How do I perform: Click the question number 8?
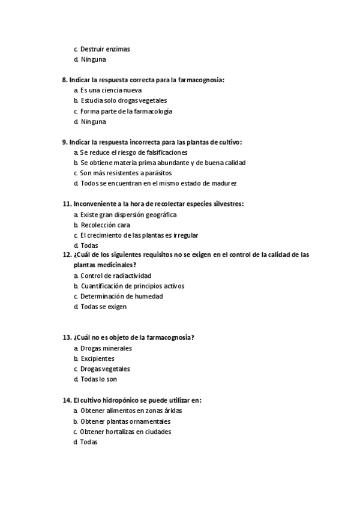pos(65,80)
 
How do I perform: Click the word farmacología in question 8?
pos(152,112)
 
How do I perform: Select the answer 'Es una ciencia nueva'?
pos(110,90)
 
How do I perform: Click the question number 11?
pos(66,204)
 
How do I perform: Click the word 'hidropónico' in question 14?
pos(121,400)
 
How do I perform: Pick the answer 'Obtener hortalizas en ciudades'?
pos(125,432)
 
